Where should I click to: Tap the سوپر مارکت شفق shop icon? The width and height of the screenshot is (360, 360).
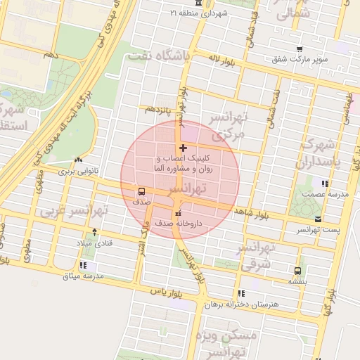[300, 49]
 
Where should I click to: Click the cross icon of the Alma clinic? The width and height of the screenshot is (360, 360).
[184, 148]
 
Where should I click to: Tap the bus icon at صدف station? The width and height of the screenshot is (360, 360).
[142, 191]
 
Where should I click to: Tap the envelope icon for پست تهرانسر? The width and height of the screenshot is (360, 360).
[318, 219]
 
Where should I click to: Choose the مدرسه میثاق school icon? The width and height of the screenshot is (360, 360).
[84, 265]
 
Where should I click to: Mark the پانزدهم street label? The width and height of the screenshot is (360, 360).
[158, 110]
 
